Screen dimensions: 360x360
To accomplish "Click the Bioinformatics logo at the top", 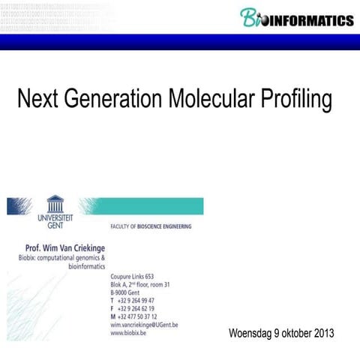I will tap(296, 17).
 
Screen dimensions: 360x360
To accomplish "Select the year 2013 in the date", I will tap(322, 334).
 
